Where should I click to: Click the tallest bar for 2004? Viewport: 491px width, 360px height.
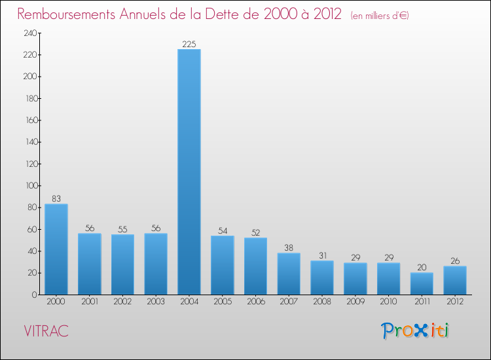(189, 171)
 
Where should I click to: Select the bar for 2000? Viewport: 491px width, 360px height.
(56, 249)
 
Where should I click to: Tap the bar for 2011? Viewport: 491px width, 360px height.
(422, 283)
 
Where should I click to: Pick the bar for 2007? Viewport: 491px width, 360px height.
(289, 274)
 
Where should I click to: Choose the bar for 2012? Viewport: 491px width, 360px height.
(455, 280)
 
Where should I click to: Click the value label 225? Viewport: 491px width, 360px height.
(189, 45)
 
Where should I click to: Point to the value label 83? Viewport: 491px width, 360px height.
(56, 199)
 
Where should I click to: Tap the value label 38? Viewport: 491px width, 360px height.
(289, 248)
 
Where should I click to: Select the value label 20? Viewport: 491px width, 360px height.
(422, 268)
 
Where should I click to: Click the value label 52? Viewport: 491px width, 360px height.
(255, 233)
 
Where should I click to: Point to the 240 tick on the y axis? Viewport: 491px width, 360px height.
(30, 33)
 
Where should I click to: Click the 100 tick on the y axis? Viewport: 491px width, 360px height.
(30, 186)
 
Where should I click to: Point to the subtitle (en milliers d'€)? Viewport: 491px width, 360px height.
(380, 16)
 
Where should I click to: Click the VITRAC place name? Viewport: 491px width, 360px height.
(46, 331)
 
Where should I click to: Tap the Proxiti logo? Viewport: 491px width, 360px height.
(416, 331)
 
